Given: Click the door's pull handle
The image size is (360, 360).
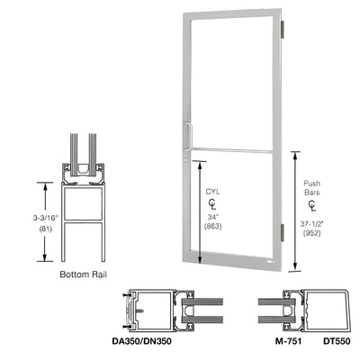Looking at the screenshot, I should (x=185, y=132).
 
